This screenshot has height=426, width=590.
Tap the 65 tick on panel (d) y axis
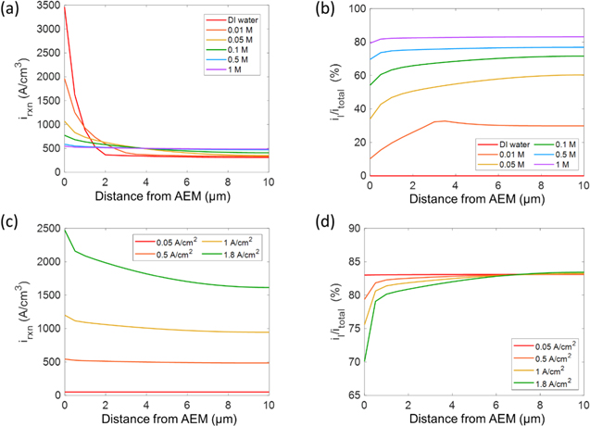(354, 395)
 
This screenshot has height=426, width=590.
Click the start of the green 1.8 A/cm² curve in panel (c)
(63, 230)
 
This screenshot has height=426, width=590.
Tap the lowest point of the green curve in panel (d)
(364, 361)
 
